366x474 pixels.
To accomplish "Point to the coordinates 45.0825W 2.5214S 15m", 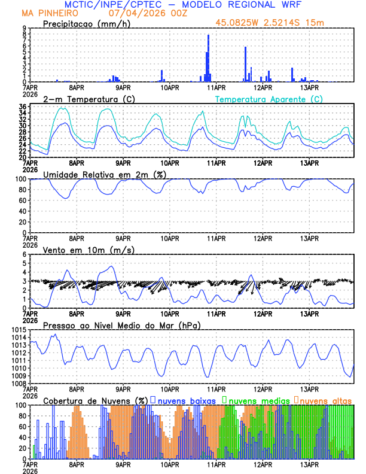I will (270, 23).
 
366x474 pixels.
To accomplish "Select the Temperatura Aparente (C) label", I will (269, 99).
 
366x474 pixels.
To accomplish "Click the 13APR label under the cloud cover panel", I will (309, 464).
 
